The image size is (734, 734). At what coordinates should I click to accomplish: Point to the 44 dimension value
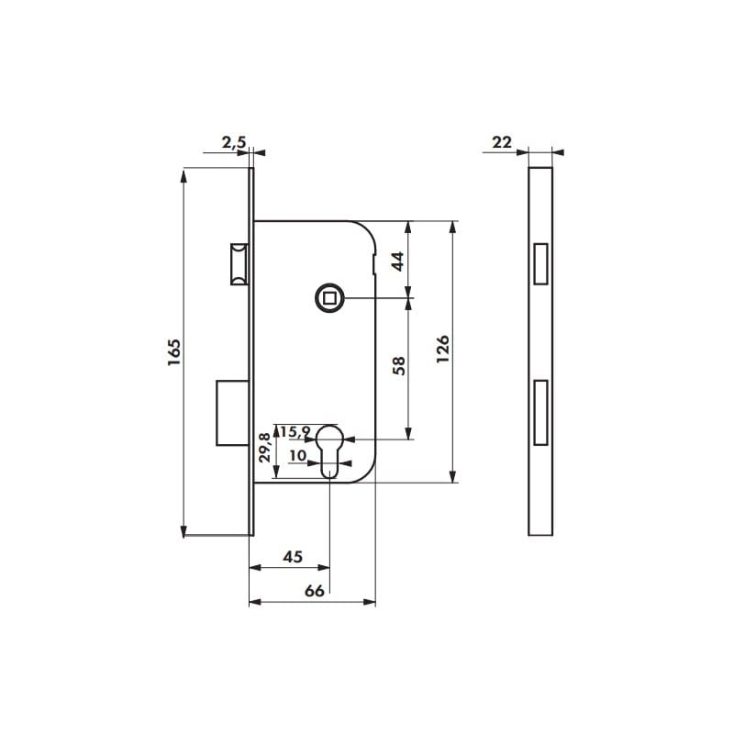pos(398,260)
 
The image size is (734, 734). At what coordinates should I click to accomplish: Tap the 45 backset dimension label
pos(292,557)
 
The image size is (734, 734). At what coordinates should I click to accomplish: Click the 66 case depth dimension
pos(314,591)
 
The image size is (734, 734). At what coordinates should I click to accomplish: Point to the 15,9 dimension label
pos(295,431)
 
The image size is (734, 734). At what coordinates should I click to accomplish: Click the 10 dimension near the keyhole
pos(297,454)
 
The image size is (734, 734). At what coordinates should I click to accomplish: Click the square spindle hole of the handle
pos(328,297)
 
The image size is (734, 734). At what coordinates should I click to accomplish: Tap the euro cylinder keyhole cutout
pos(329,450)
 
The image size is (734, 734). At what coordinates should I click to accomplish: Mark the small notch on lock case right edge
pos(375,266)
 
